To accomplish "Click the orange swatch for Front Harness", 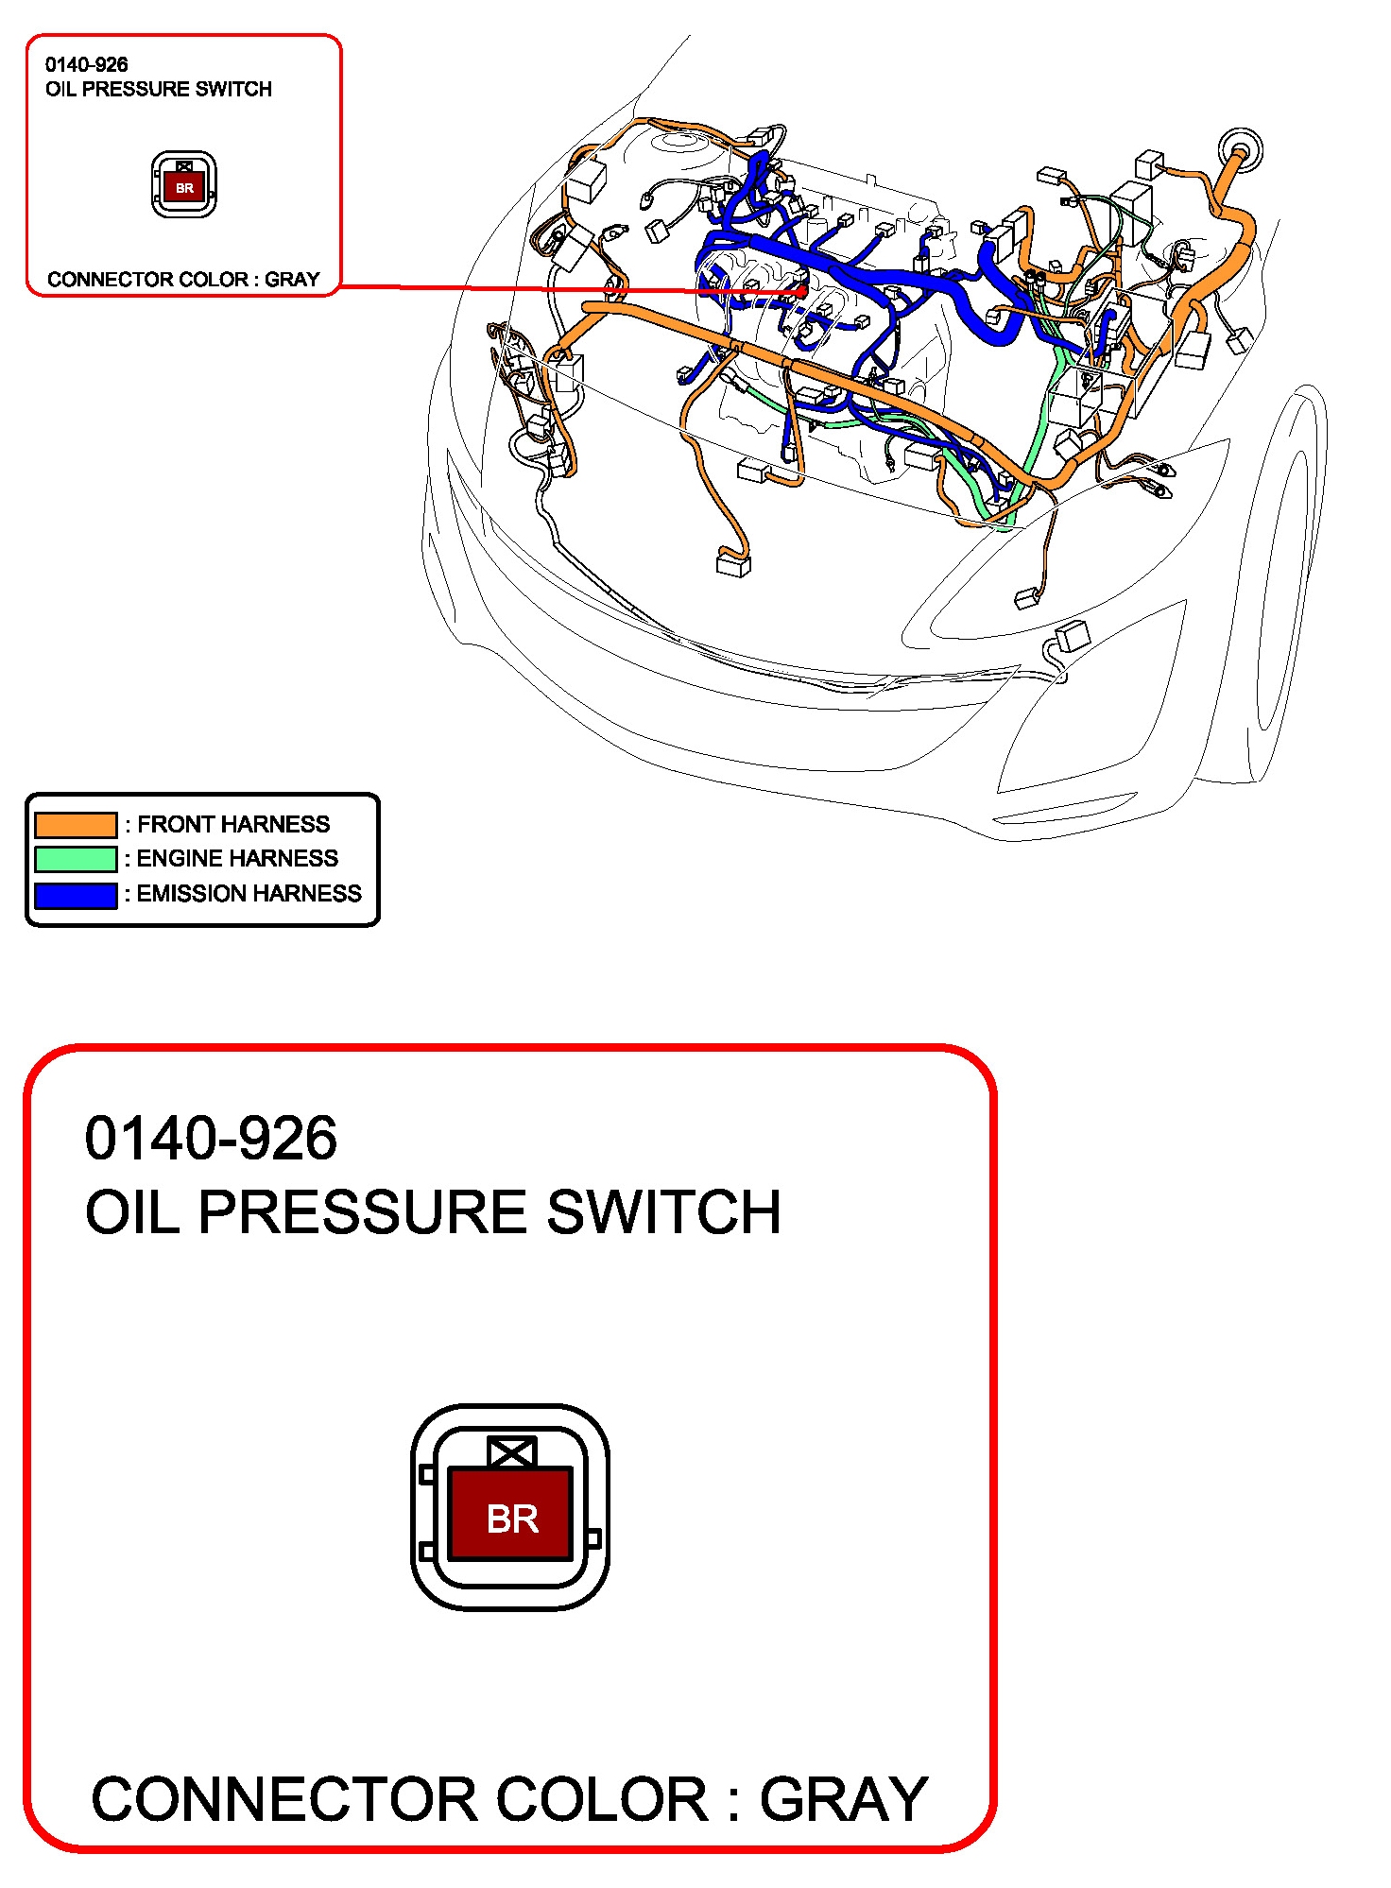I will (x=76, y=825).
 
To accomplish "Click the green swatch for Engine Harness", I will (x=76, y=859).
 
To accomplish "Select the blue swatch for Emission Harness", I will (x=76, y=894).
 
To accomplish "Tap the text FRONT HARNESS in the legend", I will (x=233, y=825).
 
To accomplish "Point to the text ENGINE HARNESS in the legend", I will (x=237, y=859).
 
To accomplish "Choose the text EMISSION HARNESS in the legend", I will (x=249, y=894).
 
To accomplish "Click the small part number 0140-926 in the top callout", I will (x=86, y=65).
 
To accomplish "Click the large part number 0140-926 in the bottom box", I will (x=211, y=1139).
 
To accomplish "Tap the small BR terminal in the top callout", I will (x=184, y=188).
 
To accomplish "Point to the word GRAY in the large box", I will (x=844, y=1799).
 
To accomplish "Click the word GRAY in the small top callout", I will (x=292, y=280).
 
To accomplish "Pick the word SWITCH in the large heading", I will (x=664, y=1212).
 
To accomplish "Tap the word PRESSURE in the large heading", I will (x=363, y=1212).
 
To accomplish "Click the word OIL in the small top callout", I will (x=60, y=90).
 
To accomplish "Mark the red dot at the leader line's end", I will (x=802, y=291).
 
